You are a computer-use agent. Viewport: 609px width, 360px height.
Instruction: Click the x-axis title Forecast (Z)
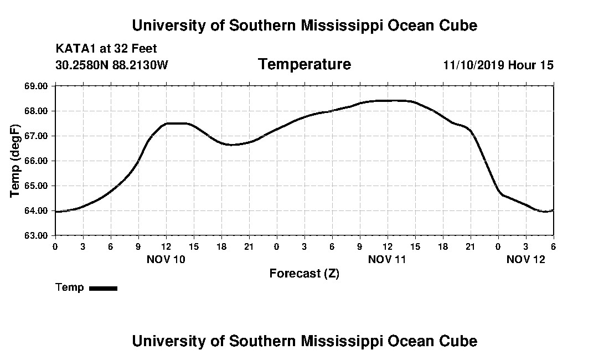304,273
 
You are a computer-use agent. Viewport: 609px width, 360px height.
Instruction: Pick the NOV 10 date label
166,259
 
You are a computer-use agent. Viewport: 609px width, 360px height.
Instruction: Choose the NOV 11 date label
387,259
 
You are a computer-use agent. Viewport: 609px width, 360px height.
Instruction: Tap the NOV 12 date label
526,259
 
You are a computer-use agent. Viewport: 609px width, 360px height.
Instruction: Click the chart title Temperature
304,64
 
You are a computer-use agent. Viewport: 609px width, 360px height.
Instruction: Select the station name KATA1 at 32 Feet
106,49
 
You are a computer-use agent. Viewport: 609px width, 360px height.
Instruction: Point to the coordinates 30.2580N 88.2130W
112,65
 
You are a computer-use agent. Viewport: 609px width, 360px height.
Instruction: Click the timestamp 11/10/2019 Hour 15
498,65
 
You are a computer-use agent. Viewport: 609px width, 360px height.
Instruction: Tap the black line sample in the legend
104,288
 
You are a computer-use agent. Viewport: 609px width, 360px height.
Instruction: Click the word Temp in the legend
70,287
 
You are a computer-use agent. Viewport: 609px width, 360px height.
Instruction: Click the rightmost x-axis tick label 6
553,246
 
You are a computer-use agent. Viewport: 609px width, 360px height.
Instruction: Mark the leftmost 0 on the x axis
55,246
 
